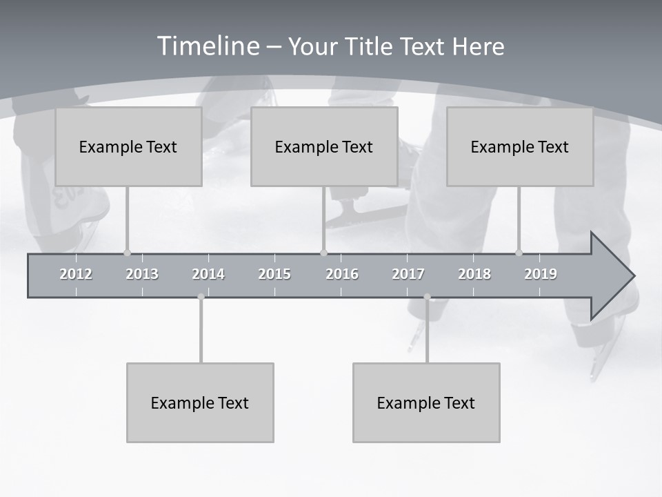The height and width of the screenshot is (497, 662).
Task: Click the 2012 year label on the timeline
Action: coord(76,275)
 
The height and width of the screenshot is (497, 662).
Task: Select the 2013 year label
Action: coord(142,275)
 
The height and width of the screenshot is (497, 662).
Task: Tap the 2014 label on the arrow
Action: coord(208,275)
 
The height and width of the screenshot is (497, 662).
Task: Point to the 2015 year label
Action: coord(274,275)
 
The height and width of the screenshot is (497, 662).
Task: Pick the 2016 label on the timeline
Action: coord(342,275)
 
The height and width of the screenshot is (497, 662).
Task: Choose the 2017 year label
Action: coord(408,275)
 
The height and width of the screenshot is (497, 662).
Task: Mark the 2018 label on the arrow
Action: coord(474,275)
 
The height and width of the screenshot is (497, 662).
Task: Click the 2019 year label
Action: coord(541,275)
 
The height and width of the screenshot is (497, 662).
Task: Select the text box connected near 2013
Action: coord(128,146)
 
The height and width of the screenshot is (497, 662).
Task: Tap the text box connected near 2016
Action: coord(324,146)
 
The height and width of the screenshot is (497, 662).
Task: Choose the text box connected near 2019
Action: coord(520,146)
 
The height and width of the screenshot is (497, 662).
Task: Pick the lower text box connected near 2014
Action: coord(200,402)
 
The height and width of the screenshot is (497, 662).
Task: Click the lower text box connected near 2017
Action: coord(426,402)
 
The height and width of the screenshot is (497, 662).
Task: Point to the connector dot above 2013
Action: coord(127,253)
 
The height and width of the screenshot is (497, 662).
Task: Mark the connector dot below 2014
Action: coord(201,297)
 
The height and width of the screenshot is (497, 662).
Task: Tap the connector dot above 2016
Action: coord(324,253)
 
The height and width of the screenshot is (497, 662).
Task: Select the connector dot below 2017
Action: coord(427,297)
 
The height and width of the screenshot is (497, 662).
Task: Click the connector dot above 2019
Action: coord(519,253)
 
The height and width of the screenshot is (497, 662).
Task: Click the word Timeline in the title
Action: coord(208,46)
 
